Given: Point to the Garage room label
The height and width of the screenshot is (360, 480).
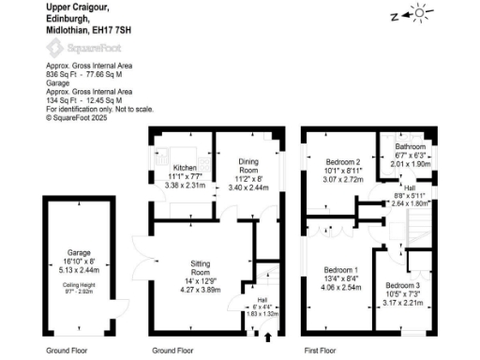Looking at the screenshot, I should tap(80, 226).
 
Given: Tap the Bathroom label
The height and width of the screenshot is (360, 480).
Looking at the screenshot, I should tap(410, 147).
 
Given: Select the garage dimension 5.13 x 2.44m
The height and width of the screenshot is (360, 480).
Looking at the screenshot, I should tap(80, 242).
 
